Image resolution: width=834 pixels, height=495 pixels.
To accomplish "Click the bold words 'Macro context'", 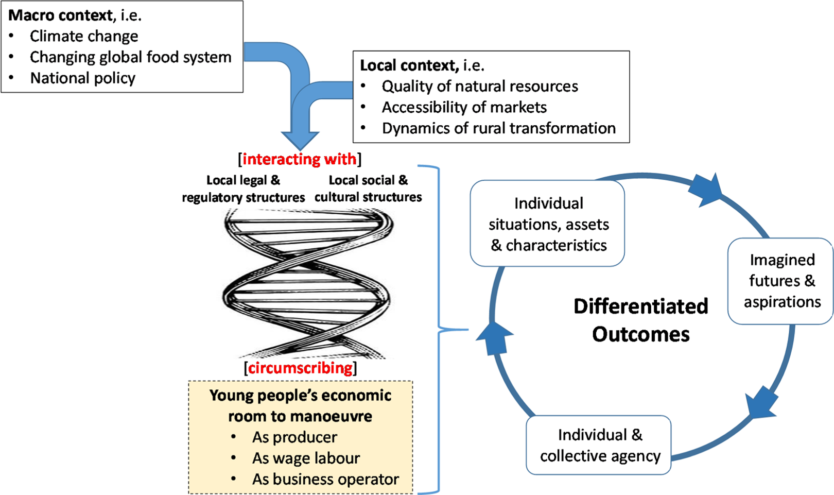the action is [60, 15].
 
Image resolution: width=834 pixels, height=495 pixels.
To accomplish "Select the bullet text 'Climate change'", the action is [84, 37].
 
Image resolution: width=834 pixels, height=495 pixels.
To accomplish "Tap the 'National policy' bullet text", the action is [83, 78].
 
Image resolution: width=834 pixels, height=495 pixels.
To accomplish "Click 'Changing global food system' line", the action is [130, 57].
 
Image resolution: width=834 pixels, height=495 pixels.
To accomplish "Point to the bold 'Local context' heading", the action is [409, 65].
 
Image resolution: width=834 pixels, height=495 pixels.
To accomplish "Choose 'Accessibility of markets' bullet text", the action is [464, 107].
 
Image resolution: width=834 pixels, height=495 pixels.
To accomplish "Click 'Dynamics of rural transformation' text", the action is [498, 128].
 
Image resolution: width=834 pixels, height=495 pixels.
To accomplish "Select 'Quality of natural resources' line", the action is [480, 87].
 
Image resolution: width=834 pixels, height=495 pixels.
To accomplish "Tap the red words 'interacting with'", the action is [299, 159].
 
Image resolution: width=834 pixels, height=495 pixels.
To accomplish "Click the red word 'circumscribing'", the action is [300, 368].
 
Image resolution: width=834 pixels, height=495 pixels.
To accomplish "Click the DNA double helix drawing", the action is [308, 283].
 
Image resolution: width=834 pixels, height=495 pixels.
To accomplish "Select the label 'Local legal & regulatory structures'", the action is [243, 189].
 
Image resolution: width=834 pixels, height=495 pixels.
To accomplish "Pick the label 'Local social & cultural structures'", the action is [368, 189].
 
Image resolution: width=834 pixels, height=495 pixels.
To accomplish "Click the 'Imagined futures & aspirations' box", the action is [780, 281].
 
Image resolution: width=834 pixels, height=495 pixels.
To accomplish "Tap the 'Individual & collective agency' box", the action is [599, 445].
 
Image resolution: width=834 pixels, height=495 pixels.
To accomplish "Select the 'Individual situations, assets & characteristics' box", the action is [547, 224].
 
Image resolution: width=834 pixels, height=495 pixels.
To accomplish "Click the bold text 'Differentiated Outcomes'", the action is [641, 320].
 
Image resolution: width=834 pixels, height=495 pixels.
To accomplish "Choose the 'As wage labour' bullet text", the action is [306, 458].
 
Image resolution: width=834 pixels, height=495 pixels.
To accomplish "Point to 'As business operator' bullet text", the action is [325, 480].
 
